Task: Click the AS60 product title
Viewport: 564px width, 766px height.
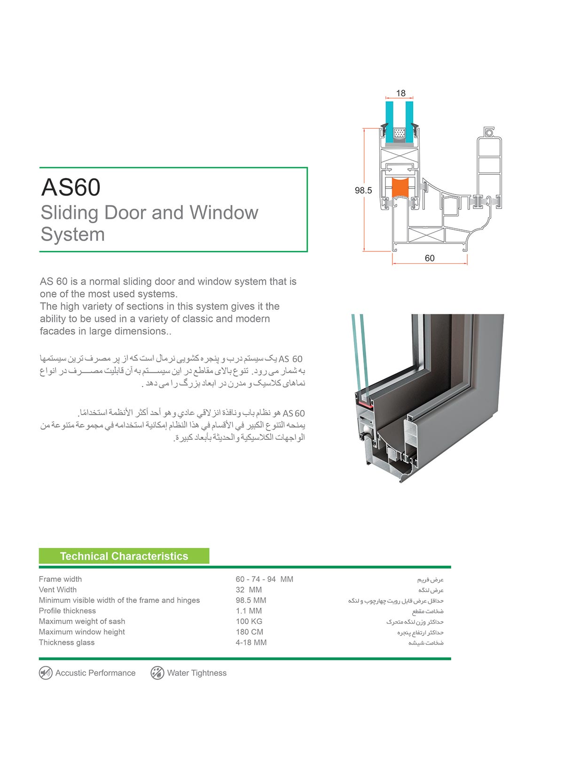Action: click(x=71, y=188)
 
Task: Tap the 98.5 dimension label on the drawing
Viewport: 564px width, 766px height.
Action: click(x=363, y=190)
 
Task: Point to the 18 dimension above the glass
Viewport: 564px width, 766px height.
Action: click(x=400, y=93)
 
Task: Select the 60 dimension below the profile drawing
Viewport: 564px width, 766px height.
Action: click(x=430, y=258)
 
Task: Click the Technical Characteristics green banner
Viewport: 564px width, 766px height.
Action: click(x=124, y=556)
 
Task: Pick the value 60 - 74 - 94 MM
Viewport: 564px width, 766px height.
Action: click(x=264, y=579)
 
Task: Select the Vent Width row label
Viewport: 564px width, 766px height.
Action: click(x=58, y=590)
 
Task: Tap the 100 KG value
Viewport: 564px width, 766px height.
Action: click(x=249, y=621)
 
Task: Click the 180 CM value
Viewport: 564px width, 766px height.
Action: click(x=250, y=632)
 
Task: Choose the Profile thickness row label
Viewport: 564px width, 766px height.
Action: click(x=67, y=611)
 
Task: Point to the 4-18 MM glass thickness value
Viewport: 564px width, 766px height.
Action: click(x=251, y=642)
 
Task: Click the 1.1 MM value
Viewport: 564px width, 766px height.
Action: click(x=249, y=611)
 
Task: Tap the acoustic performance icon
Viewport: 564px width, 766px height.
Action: click(x=46, y=673)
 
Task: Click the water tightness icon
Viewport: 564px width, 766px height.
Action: click(x=157, y=673)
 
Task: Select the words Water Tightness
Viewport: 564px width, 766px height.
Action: click(x=196, y=673)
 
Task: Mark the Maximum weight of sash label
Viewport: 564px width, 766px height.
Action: click(x=82, y=621)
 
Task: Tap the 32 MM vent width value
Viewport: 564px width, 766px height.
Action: click(x=249, y=590)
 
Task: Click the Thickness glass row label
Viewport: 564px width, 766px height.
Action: click(x=67, y=642)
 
